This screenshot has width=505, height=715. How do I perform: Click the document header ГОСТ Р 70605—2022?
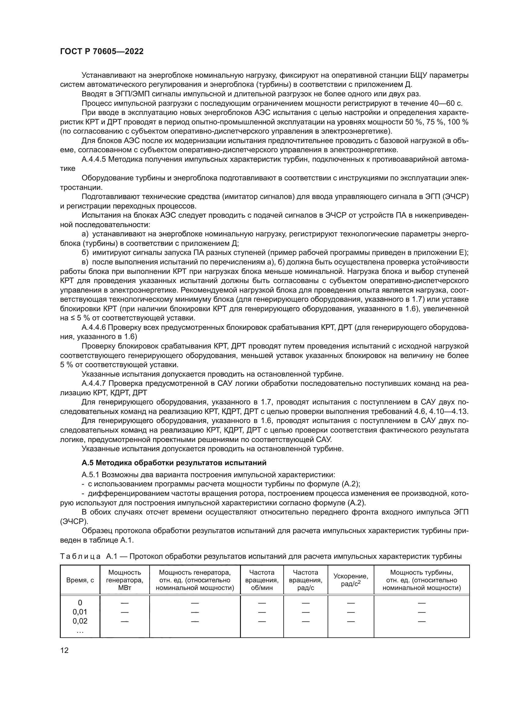pyautogui.click(x=102, y=52)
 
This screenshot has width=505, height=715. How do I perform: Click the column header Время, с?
pyautogui.click(x=80, y=580)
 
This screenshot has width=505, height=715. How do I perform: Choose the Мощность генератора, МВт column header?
pyautogui.click(x=124, y=580)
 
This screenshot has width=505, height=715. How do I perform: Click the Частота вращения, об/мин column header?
pyautogui.click(x=262, y=580)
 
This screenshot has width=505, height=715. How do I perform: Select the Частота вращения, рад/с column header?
pyautogui.click(x=305, y=580)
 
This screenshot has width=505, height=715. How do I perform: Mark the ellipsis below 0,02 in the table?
pyautogui.click(x=80, y=630)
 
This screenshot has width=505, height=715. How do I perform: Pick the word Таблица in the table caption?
pyautogui.click(x=80, y=556)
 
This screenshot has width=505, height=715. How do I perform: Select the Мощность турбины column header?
pyautogui.click(x=421, y=580)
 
